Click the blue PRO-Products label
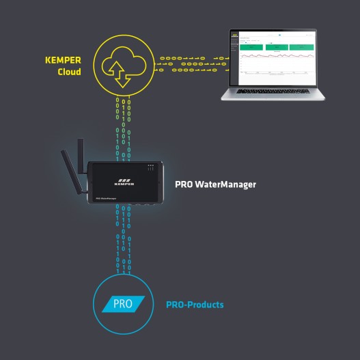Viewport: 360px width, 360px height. click(195, 305)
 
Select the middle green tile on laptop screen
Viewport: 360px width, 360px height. click(277, 46)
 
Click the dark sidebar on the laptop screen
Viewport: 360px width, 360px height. click(235, 55)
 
